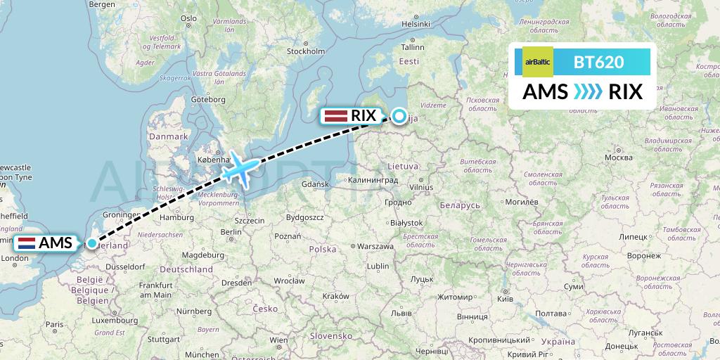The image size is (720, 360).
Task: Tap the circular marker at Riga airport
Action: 399,117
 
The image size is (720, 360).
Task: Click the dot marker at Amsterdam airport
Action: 92,243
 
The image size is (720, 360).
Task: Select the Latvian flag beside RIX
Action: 335,116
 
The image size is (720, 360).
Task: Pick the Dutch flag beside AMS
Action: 27,244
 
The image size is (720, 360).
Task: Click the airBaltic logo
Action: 537,62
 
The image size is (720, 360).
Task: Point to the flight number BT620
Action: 598,62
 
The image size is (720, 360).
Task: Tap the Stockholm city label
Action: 306,51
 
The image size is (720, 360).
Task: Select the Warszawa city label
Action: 375,247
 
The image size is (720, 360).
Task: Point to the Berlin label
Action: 231,231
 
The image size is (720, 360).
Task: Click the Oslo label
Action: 188,18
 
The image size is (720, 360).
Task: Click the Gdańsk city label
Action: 314,184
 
